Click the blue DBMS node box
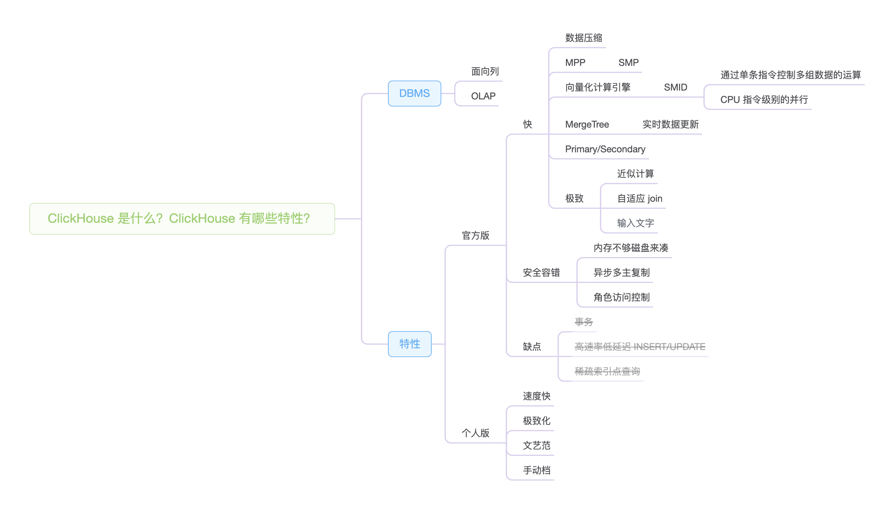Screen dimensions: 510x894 coord(414,93)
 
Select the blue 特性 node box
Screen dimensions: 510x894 coord(409,344)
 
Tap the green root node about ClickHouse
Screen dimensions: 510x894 coord(182,219)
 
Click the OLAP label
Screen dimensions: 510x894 coord(483,96)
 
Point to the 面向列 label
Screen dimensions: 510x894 coord(485,71)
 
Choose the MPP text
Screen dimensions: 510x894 coord(575,62)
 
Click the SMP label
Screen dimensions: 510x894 coord(628,62)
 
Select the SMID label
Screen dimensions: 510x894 coord(675,87)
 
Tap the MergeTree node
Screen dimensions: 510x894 coord(587,124)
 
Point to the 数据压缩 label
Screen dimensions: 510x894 coord(583,38)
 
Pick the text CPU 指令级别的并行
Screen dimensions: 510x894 coord(764,100)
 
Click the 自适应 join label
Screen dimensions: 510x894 coord(639,199)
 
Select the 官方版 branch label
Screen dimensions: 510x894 coord(475,235)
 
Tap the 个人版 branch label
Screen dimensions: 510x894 coord(475,433)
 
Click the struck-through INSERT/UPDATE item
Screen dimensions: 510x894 coord(639,347)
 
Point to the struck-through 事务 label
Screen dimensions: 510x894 coord(583,322)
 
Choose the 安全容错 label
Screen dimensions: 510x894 coord(541,273)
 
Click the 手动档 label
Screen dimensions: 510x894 coord(536,470)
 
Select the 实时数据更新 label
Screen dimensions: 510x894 coord(670,124)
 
